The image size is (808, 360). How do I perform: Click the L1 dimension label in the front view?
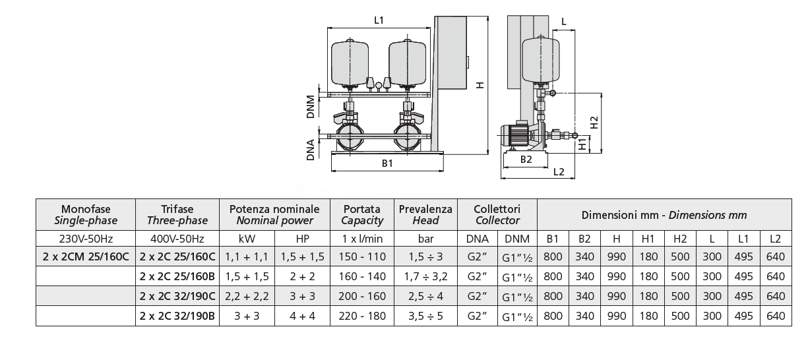pyautogui.click(x=379, y=20)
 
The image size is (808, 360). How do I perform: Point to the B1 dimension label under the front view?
pyautogui.click(x=387, y=163)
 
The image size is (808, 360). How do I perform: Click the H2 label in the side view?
pyautogui.click(x=594, y=123)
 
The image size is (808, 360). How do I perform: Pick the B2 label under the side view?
pyautogui.click(x=525, y=159)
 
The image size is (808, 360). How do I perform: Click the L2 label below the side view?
pyautogui.click(x=558, y=172)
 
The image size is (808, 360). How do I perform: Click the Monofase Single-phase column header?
pyautogui.click(x=85, y=215)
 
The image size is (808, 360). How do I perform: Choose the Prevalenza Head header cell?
pyautogui.click(x=425, y=215)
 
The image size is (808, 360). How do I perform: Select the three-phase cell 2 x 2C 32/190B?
pyautogui.click(x=177, y=316)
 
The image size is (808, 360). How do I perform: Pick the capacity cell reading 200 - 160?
pyautogui.click(x=361, y=297)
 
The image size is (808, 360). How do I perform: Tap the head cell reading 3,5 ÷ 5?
pyautogui.click(x=425, y=316)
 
